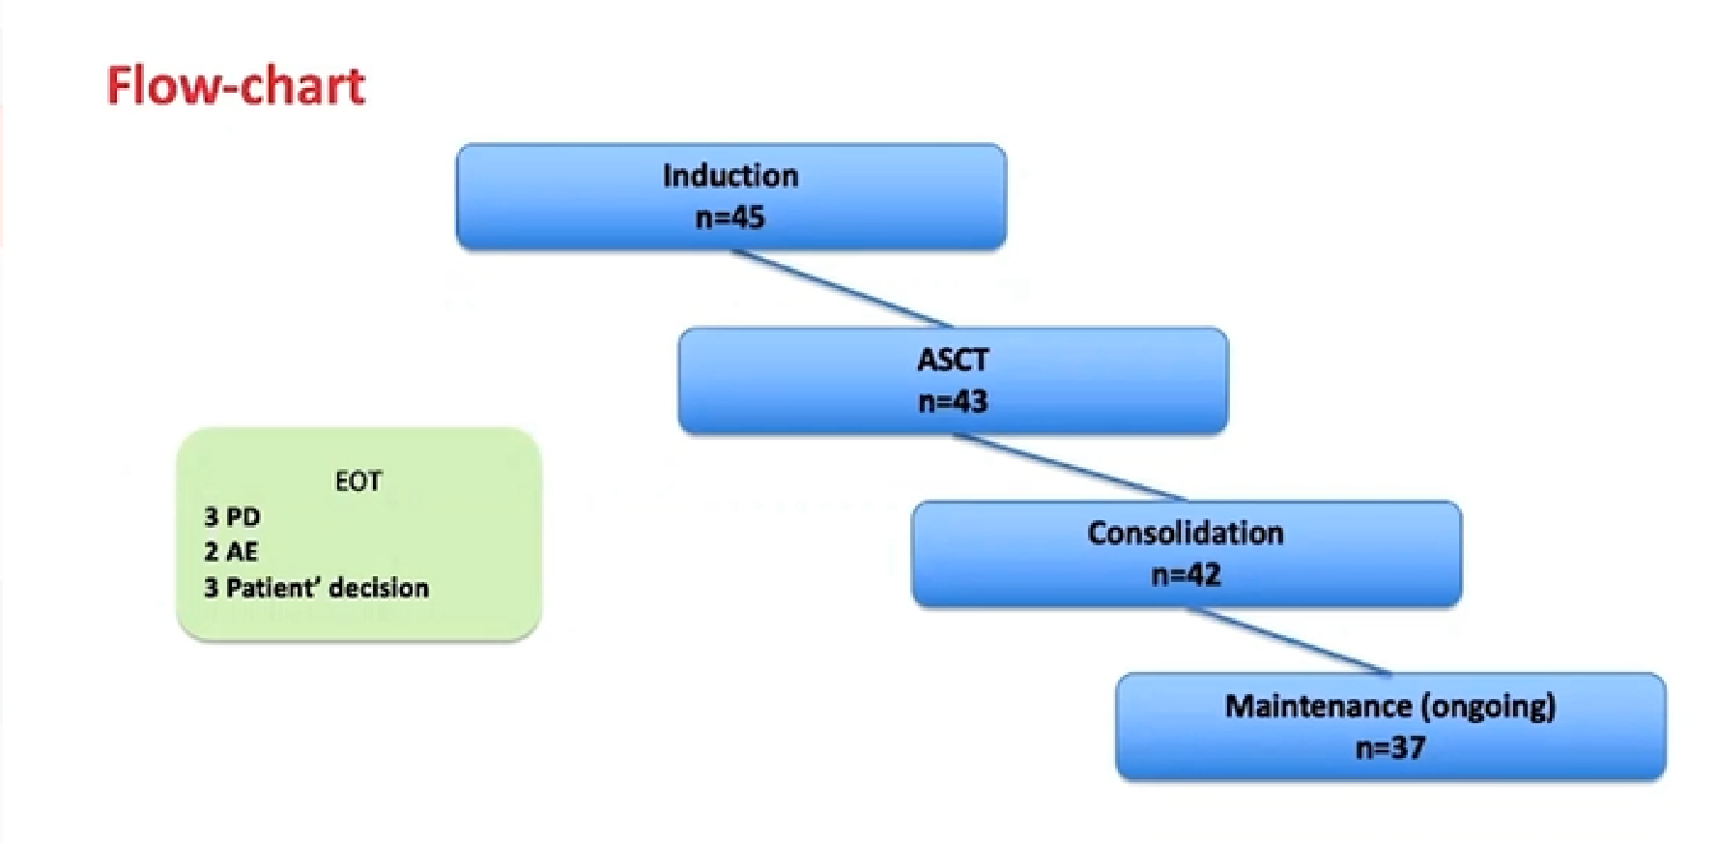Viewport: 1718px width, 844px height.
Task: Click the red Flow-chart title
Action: (x=236, y=85)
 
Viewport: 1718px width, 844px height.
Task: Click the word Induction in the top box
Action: (x=730, y=175)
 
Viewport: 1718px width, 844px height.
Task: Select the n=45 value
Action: (x=730, y=218)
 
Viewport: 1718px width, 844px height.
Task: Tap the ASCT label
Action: (x=953, y=360)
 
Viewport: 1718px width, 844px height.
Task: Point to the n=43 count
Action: (x=953, y=401)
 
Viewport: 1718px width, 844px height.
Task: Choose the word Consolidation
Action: (x=1186, y=533)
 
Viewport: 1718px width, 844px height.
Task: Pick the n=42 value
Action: (x=1186, y=575)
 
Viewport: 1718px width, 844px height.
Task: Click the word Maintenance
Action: (x=1319, y=706)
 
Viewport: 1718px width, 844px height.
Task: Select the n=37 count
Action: (x=1389, y=747)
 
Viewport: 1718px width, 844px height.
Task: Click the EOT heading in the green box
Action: (x=358, y=481)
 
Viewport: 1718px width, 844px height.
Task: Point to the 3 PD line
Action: (x=232, y=516)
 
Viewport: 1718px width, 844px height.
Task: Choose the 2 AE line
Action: (x=231, y=551)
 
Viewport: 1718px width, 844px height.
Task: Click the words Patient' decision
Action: (x=327, y=588)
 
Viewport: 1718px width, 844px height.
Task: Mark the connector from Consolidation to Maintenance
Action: (x=1289, y=640)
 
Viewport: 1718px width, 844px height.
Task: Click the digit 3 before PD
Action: (x=211, y=516)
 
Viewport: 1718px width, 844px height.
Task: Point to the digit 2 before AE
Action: (x=211, y=551)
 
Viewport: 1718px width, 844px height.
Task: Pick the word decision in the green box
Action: (x=378, y=588)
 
